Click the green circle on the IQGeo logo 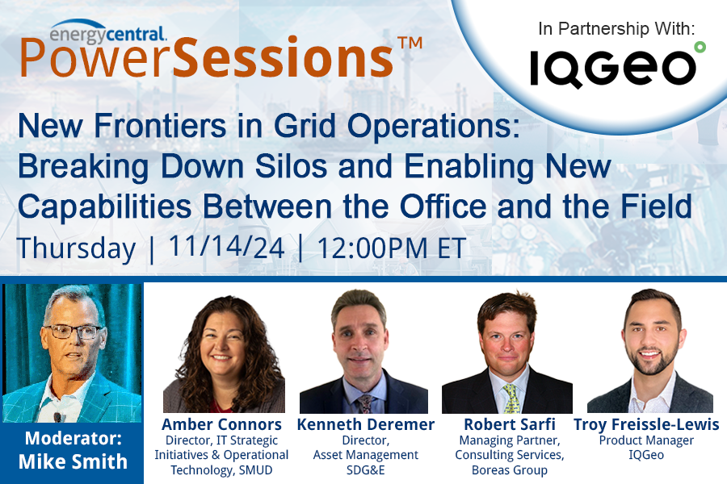click(699, 48)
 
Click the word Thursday click(76, 247)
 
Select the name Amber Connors click(222, 424)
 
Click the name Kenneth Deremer click(366, 424)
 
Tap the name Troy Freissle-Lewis click(646, 424)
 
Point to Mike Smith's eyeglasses click(73, 332)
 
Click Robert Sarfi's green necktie click(511, 398)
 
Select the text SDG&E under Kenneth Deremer click(366, 469)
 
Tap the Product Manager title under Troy click(646, 440)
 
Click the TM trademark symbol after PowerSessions click(410, 44)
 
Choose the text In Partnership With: click(616, 29)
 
